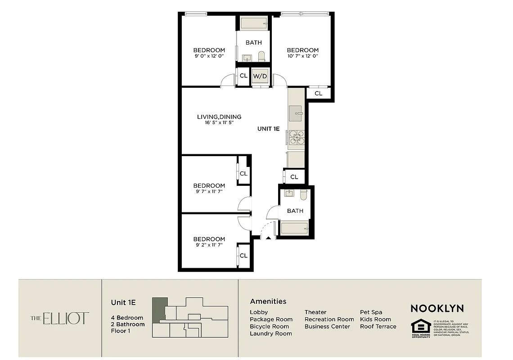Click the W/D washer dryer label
[x=260, y=76]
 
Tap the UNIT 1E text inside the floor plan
[x=268, y=129]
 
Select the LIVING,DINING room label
[x=219, y=117]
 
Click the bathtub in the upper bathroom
[x=254, y=23]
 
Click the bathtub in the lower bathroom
[x=294, y=229]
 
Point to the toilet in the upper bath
[x=261, y=56]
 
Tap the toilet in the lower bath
[x=303, y=194]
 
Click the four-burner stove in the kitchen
[x=296, y=137]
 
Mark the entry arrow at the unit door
[x=268, y=238]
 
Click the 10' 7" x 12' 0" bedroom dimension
[x=302, y=56]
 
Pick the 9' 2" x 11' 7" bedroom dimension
[x=209, y=245]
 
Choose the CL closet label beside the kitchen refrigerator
[x=294, y=177]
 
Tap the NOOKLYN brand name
[x=437, y=309]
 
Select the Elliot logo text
[x=60, y=319]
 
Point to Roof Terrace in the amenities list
[x=378, y=326]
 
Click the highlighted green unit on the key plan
[x=159, y=309]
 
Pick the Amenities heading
[x=268, y=301]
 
